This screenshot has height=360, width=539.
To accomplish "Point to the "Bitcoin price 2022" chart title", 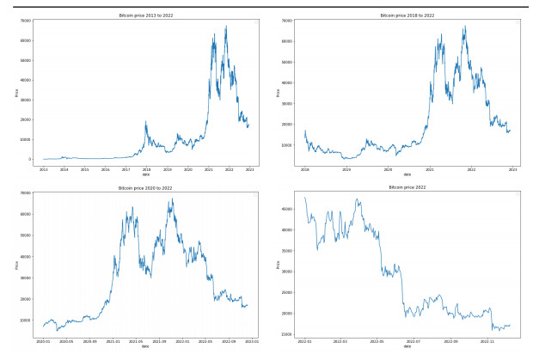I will [x=407, y=186].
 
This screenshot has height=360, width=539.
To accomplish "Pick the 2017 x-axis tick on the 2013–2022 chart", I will [x=126, y=169].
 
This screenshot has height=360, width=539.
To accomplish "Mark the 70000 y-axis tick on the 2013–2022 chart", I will [x=27, y=21].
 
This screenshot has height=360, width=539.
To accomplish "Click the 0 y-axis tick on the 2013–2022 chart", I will [x=32, y=159].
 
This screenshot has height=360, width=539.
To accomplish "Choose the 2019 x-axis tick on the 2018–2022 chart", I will [x=346, y=169].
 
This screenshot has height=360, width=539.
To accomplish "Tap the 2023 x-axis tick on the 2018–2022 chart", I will [x=512, y=169].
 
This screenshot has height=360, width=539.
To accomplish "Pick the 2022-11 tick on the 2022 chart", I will [x=487, y=340].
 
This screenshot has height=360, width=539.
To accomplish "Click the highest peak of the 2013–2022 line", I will [x=226, y=26].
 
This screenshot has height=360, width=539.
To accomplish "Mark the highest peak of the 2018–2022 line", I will [x=465, y=26].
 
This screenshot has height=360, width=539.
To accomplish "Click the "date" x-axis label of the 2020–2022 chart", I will [x=144, y=346].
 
